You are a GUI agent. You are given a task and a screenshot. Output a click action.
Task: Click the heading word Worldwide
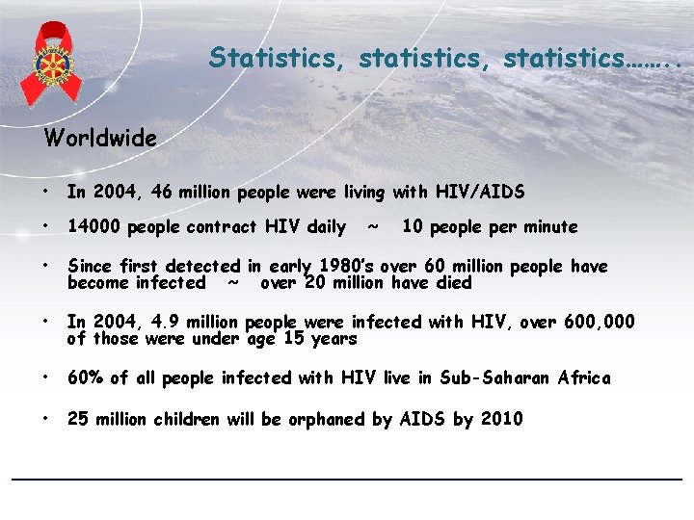(100, 139)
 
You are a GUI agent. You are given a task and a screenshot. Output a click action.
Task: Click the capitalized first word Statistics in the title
(280, 58)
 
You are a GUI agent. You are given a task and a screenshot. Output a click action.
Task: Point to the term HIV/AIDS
(481, 193)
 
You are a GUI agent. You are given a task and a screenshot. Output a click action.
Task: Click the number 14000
(94, 227)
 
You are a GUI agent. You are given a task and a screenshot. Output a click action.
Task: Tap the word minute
(547, 227)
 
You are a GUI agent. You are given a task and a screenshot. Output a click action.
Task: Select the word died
(453, 283)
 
